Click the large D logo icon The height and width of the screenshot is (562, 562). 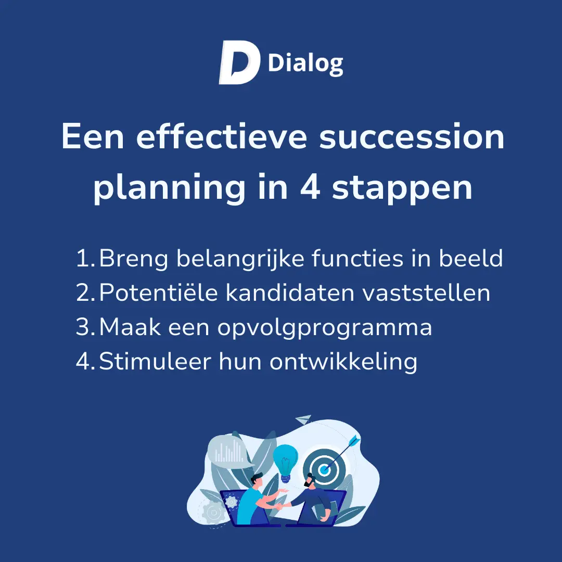(239, 62)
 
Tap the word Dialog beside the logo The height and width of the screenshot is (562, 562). (305, 64)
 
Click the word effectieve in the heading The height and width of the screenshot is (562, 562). (222, 136)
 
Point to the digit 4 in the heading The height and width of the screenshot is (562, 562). (310, 187)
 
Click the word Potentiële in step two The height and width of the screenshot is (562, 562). (158, 292)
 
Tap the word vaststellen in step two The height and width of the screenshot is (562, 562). (426, 292)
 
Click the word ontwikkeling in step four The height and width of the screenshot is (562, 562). (343, 362)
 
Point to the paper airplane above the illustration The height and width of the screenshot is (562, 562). (303, 420)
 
